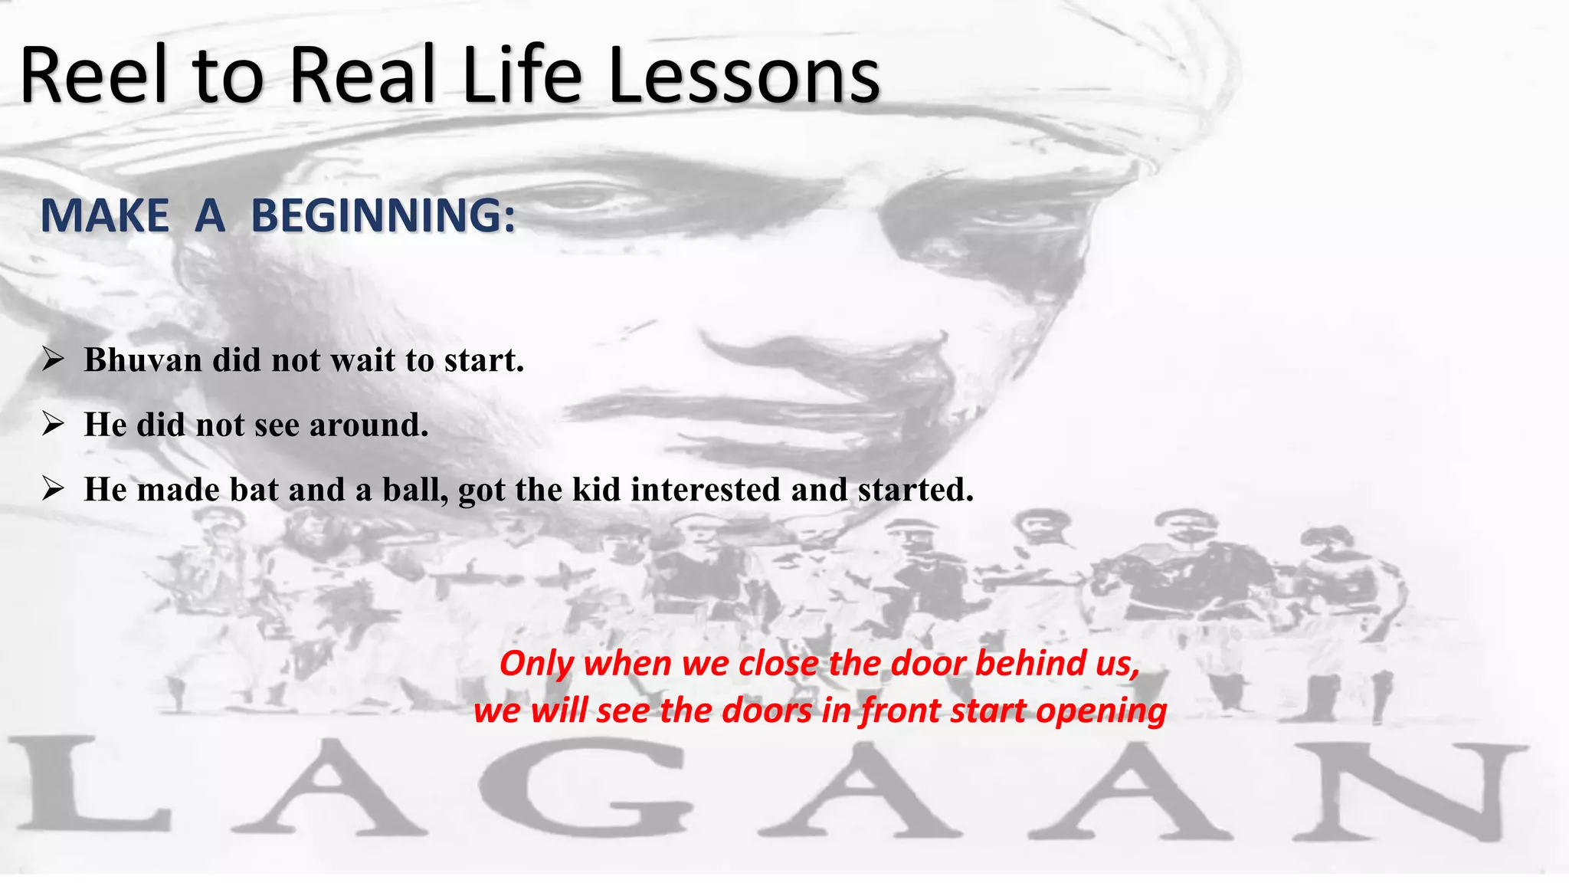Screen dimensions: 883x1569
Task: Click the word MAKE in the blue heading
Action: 105,215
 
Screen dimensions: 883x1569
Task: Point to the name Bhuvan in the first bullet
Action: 143,359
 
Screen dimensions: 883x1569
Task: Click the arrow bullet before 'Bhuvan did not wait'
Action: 53,358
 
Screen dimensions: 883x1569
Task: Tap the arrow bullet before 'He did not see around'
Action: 53,423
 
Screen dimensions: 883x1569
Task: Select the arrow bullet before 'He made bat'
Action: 53,487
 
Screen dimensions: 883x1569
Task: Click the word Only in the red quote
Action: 536,663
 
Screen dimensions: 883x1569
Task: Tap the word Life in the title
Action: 522,75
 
